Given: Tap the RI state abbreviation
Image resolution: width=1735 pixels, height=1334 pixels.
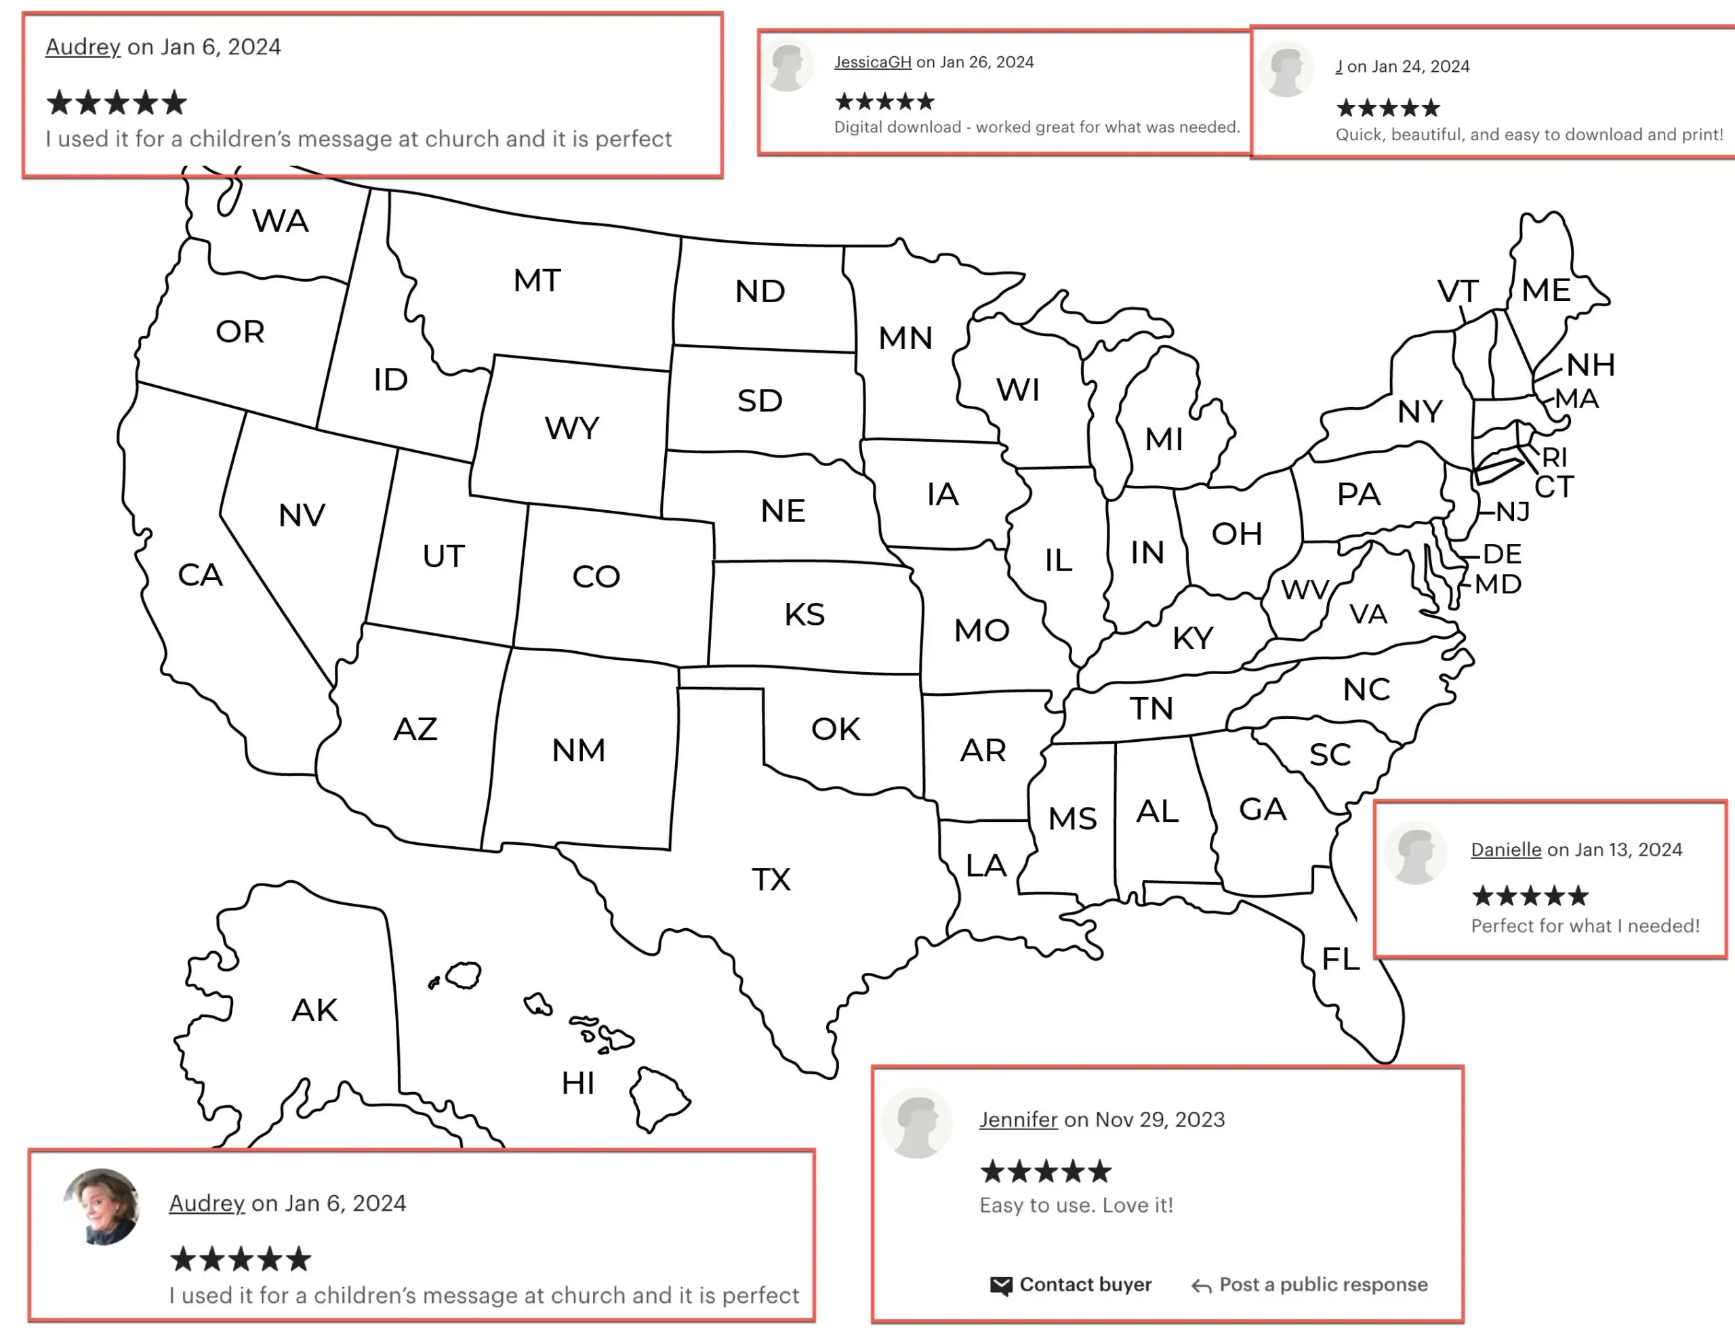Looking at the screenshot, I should tap(1555, 457).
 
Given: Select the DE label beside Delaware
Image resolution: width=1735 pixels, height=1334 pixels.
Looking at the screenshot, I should tap(1503, 554).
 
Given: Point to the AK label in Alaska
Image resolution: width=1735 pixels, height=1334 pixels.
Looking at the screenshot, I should tap(314, 1011).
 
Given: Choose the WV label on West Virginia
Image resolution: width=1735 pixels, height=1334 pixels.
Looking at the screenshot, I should tap(1305, 590).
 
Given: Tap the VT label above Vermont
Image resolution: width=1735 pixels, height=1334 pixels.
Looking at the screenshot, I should tap(1458, 291).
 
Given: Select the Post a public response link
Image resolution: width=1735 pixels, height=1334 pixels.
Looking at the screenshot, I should tap(1323, 1285).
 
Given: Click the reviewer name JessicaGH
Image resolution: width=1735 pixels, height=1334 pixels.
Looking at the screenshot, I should tap(872, 62).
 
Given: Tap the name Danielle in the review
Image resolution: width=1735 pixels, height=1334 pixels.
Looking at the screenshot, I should tap(1505, 850).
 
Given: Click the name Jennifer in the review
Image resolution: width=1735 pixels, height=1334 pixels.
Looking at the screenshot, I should tap(1018, 1120).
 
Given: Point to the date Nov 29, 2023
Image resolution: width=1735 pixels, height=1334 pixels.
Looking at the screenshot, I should tap(1160, 1120).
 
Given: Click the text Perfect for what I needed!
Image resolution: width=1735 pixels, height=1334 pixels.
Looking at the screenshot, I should tap(1585, 926).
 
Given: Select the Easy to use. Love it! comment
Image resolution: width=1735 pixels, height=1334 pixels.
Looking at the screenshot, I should tap(1076, 1205).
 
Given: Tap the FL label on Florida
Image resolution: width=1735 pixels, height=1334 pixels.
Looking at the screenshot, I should tap(1340, 959).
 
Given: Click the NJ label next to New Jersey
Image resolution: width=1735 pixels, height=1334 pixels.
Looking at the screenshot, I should tap(1513, 512).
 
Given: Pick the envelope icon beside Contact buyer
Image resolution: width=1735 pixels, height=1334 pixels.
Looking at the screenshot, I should tap(1001, 1286).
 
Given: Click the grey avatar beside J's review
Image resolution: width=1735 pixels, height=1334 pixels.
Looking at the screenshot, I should tap(1286, 70).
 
